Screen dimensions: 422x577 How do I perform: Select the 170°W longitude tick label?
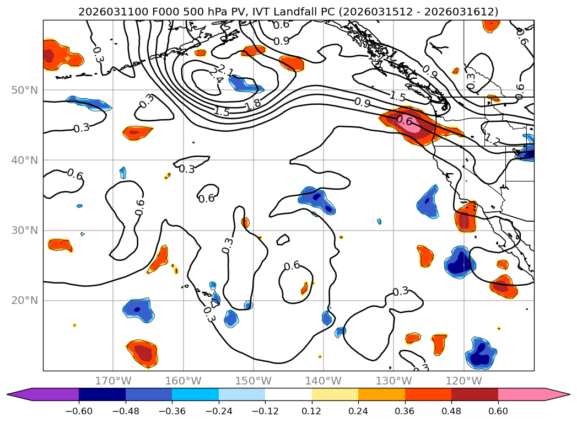pos(113,381)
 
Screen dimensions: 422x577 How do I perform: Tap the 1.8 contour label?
pos(253,104)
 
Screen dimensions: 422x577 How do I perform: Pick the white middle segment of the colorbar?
pos(288,394)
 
